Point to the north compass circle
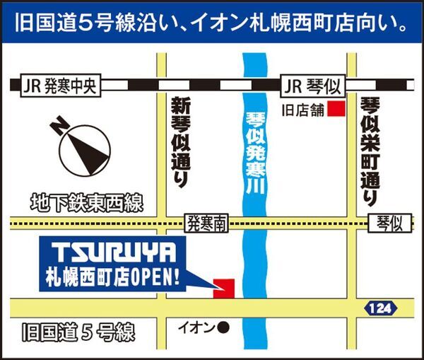click(x=84, y=152)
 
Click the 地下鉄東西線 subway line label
click(x=86, y=204)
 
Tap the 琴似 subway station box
click(x=390, y=224)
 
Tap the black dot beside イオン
click(x=223, y=327)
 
